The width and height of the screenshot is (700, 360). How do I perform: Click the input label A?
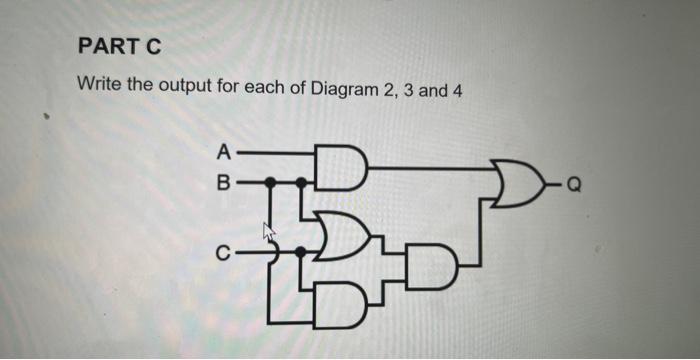pyautogui.click(x=224, y=153)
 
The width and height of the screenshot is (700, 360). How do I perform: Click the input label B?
pyautogui.click(x=224, y=183)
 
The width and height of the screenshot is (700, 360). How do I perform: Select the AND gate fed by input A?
pyautogui.click(x=341, y=169)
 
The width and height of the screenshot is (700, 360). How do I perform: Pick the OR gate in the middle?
pyautogui.click(x=341, y=234)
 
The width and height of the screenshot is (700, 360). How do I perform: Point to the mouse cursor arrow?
pyautogui.click(x=268, y=232)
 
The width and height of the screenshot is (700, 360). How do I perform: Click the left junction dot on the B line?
pyautogui.click(x=271, y=183)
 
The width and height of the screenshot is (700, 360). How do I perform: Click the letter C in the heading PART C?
pyautogui.click(x=151, y=47)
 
